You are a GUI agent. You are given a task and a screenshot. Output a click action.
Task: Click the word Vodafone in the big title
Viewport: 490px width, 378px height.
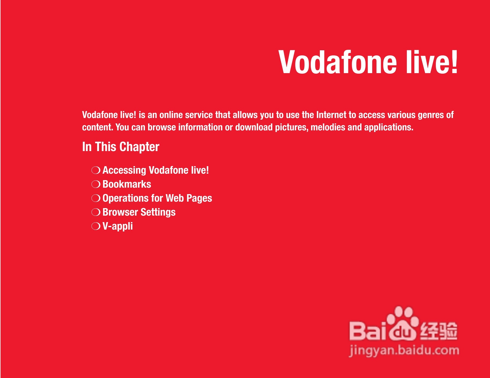coord(338,62)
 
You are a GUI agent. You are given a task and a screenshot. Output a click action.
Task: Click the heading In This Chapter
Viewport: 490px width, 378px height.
coord(121,147)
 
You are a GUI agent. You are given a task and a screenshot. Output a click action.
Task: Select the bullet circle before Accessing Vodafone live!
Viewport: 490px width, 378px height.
coord(96,170)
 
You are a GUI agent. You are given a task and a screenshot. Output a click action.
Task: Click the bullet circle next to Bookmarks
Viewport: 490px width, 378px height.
coord(96,184)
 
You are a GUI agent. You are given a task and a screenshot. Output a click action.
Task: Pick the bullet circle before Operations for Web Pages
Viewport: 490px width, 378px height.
coord(96,198)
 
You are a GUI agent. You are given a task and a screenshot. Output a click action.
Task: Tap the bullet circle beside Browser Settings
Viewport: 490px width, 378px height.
coord(96,212)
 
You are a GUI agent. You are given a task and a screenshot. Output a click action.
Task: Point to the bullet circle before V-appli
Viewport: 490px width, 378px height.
coord(96,226)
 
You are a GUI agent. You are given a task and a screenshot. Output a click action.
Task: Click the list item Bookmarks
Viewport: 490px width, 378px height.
coord(127,184)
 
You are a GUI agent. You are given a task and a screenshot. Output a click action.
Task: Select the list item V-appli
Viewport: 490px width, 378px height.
coord(118,226)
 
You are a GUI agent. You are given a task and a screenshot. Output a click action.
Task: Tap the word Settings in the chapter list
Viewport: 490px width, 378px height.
coord(158,212)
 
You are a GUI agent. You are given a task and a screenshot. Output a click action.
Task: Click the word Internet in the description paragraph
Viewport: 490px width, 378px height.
coord(331,115)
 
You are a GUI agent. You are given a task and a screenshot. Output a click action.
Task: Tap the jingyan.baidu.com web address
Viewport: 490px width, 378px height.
coord(404,351)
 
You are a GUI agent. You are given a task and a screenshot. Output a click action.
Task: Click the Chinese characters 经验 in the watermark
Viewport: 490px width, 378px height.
coord(438,331)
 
